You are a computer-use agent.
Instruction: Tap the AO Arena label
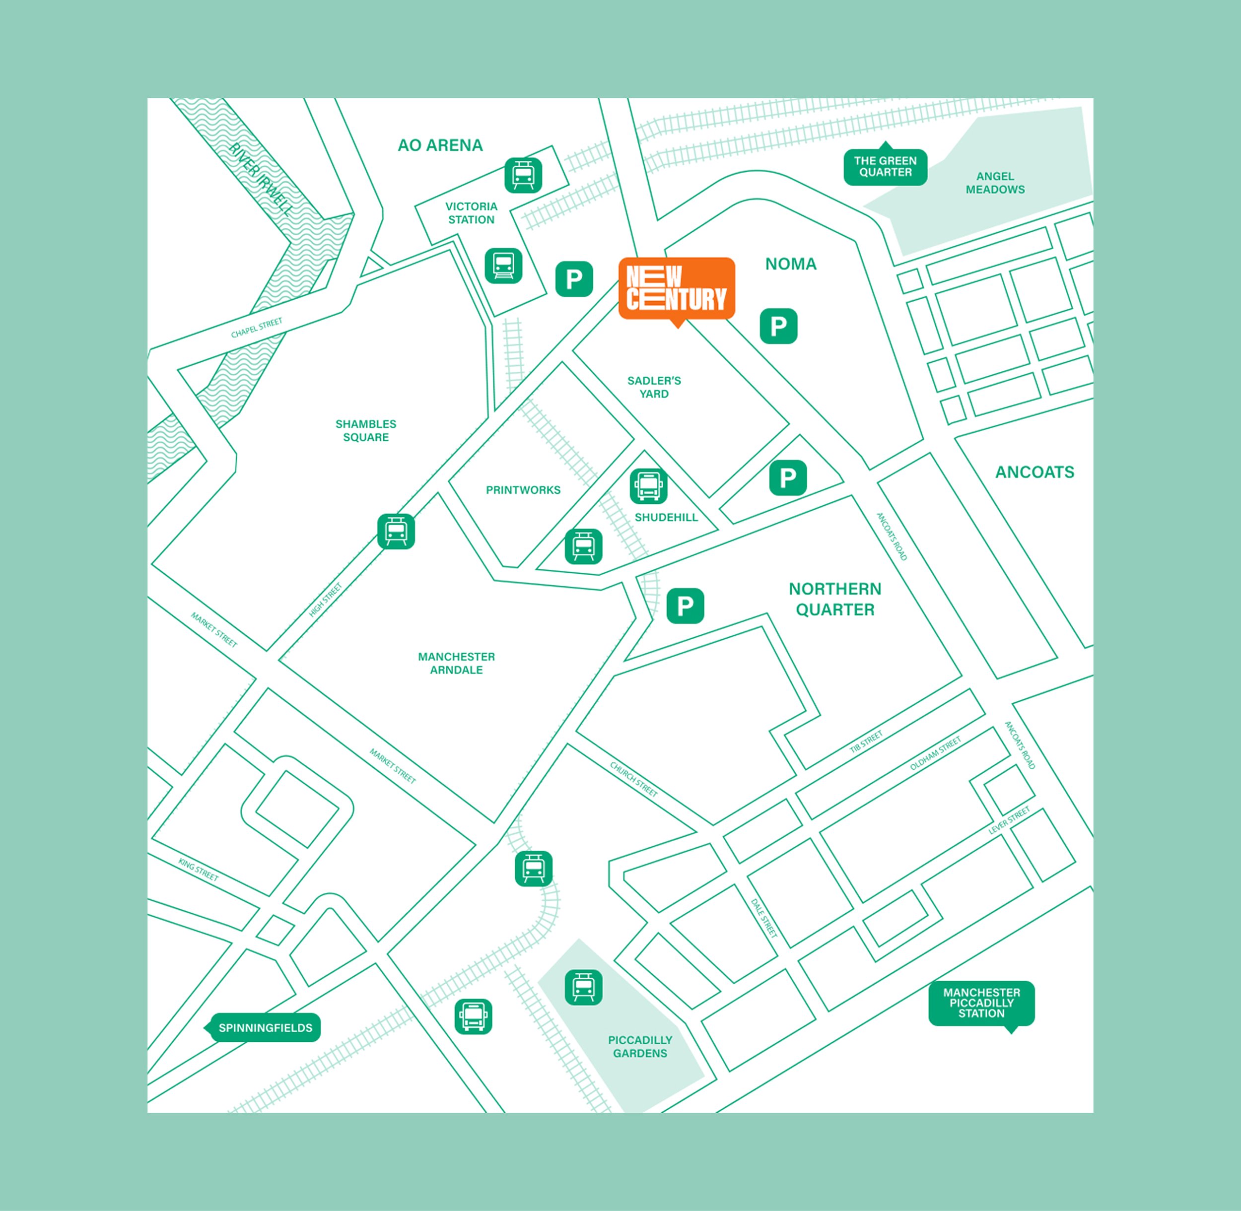pos(440,145)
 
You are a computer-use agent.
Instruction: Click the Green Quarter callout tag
pos(885,167)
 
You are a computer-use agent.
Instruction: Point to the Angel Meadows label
pos(995,183)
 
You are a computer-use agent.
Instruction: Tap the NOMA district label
pos(791,264)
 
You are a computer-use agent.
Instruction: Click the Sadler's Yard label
pos(654,387)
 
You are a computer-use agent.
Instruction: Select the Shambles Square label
pos(366,431)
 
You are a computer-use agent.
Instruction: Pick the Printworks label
pos(523,490)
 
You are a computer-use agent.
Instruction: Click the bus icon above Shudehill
pos(648,486)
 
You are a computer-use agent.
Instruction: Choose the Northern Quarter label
pos(834,599)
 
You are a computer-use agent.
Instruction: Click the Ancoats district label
pos(1034,472)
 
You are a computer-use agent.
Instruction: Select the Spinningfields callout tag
pos(265,1028)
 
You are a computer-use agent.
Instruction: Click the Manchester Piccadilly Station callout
pos(981,1003)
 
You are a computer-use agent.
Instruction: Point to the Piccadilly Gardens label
pos(640,1047)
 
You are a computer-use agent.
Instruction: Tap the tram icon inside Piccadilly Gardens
pos(583,988)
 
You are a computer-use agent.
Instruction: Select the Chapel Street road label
pos(256,328)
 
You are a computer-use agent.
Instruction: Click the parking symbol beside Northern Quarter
pos(685,605)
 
